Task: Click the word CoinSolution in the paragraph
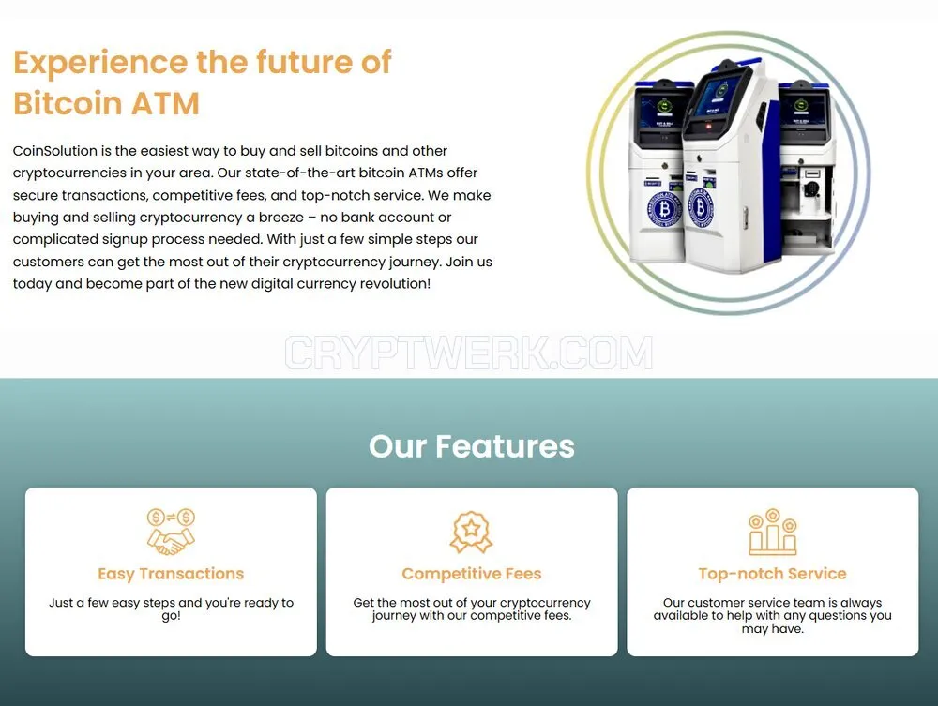[x=55, y=151]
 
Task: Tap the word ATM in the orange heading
[x=165, y=103]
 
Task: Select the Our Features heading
[x=472, y=446]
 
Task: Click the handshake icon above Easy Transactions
[x=171, y=531]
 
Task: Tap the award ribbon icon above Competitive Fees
[x=472, y=531]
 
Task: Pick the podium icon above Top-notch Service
[x=772, y=531]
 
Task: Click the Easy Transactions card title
[x=171, y=573]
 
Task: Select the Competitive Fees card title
[x=472, y=573]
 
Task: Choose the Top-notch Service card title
[x=772, y=573]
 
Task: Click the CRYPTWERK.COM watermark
[x=468, y=353]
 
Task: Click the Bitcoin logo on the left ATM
[x=663, y=209]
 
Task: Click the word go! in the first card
[x=171, y=616]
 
